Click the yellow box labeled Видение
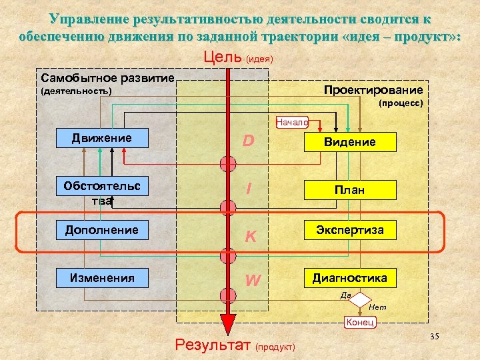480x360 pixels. coord(349,142)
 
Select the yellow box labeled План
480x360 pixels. coord(349,191)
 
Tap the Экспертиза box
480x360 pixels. coord(349,230)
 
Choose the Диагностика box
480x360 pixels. coord(349,277)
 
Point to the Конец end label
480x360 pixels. coord(361,323)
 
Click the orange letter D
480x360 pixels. coord(248,141)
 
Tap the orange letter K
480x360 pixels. coord(251,235)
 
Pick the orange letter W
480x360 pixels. coord(252,280)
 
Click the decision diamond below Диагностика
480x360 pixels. coord(360,300)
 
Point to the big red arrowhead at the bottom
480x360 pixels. coord(228,325)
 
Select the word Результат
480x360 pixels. coord(212,345)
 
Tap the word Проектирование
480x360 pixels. coord(373,90)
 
